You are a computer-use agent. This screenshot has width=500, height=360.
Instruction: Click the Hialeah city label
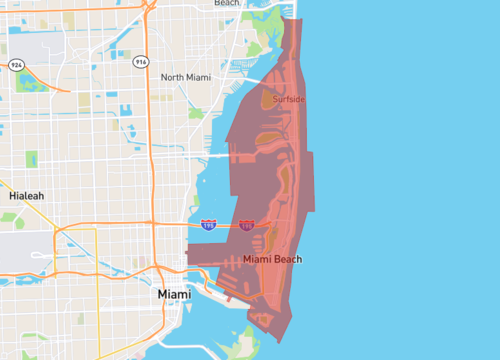(26, 196)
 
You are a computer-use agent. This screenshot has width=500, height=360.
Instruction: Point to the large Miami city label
(176, 296)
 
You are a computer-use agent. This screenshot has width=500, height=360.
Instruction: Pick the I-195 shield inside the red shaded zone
(246, 226)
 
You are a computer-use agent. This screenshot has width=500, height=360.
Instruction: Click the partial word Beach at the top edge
(227, 4)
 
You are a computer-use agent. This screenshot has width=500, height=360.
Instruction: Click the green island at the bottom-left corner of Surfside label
(267, 100)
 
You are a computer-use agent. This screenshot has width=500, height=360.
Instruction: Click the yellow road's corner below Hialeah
(96, 229)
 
